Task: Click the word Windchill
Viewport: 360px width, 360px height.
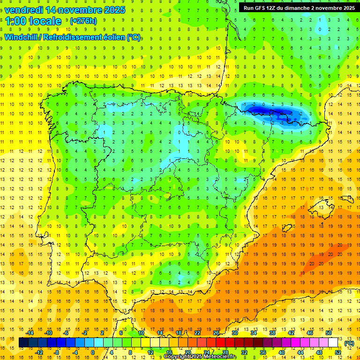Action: point(22,37)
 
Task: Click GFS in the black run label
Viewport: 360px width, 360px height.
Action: point(261,8)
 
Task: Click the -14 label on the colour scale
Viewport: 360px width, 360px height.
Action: point(30,332)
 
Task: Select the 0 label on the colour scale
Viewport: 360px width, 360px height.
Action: point(93,352)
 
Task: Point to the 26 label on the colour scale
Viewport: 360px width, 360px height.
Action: point(216,332)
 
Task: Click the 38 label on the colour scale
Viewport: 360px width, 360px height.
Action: point(272,332)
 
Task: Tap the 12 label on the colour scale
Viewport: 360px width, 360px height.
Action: point(150,352)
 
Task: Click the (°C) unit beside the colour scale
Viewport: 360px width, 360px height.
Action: point(349,343)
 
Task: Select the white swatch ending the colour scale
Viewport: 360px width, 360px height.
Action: point(333,343)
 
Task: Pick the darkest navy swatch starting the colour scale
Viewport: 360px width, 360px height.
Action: point(23,343)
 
